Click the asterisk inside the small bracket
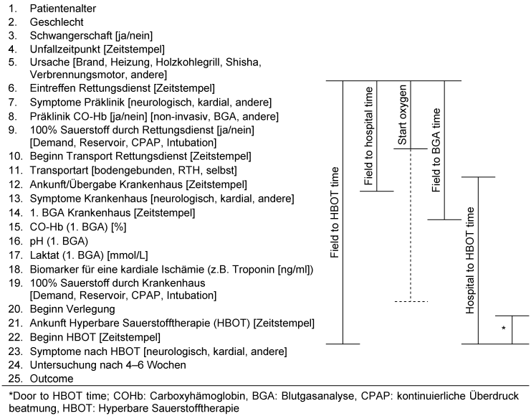point(504,328)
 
